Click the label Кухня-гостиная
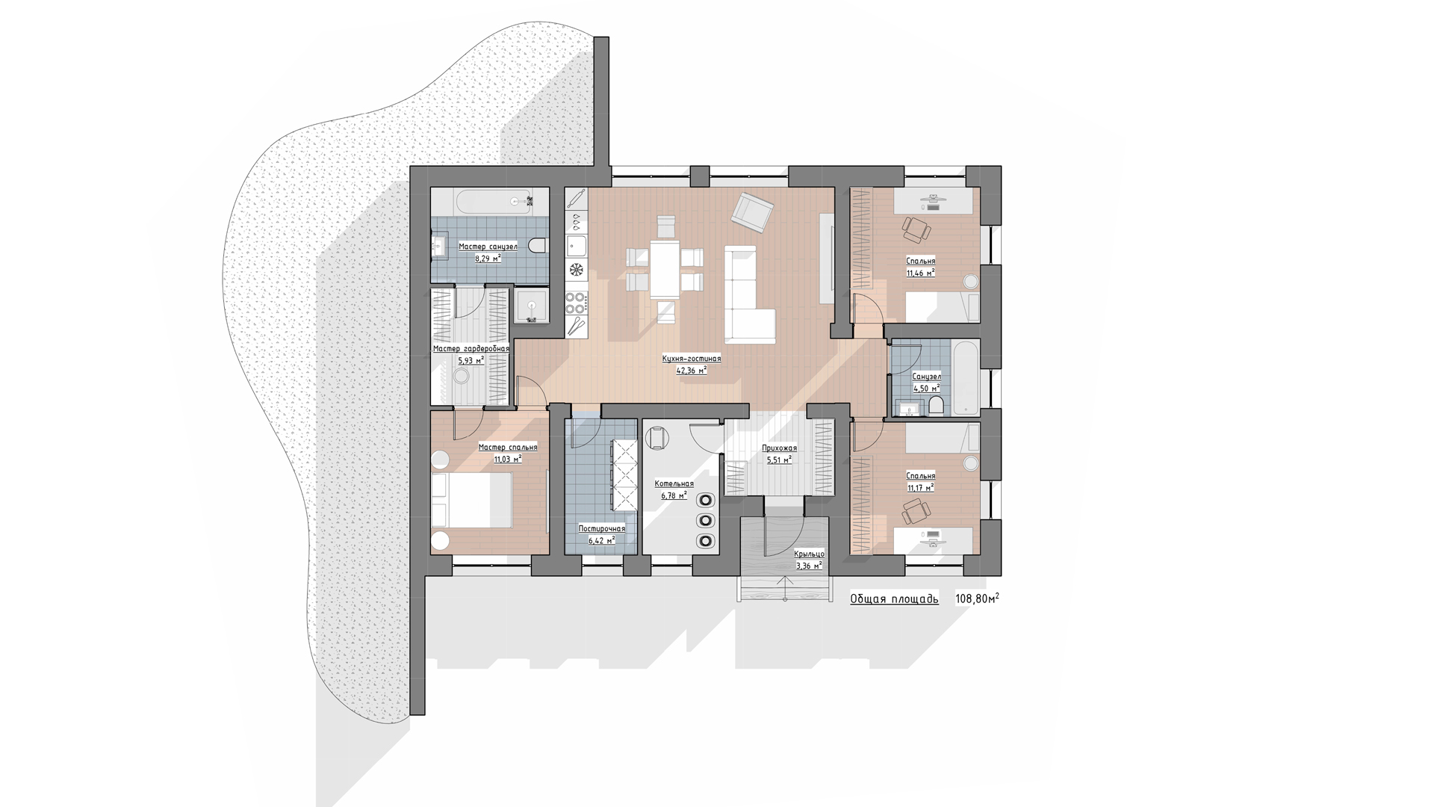692,359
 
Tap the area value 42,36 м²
692,370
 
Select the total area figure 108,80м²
978,599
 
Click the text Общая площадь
894,599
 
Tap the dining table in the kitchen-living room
665,269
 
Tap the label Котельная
674,483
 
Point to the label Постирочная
602,528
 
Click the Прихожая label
779,448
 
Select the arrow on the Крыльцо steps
785,587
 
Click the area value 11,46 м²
920,273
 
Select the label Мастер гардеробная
471,349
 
